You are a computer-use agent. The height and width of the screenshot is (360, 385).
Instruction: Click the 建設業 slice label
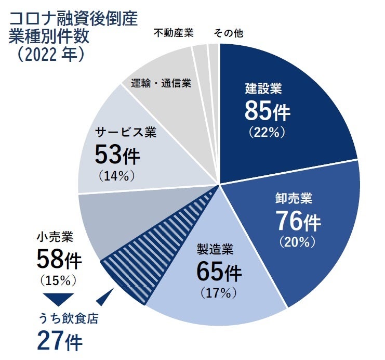(x=263, y=88)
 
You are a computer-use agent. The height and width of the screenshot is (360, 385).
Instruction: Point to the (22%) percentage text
(x=267, y=132)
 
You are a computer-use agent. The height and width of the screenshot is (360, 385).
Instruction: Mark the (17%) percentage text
(x=218, y=293)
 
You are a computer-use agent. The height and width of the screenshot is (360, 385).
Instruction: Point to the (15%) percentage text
(x=58, y=280)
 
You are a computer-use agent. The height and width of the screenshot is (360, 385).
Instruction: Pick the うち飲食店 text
(x=68, y=318)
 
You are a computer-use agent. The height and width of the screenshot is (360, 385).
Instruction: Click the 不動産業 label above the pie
(x=174, y=33)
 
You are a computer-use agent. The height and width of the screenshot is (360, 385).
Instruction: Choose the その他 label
(x=229, y=33)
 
